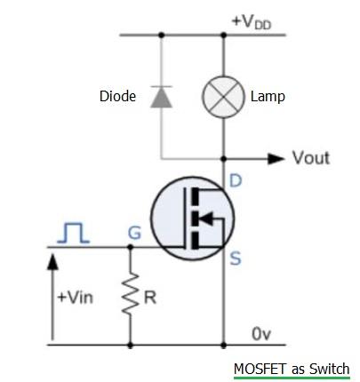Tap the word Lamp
coord(268,96)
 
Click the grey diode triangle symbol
coord(161,96)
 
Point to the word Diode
coord(117,96)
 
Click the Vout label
coord(310,158)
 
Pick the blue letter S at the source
coord(236,261)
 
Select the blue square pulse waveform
coord(73,232)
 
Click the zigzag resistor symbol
coord(131,296)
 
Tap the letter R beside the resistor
coord(150,298)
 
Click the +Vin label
coord(75,298)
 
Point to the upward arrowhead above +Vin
coord(52,259)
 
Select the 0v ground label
coord(260,333)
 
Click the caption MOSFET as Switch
coord(292,369)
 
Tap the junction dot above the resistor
coord(131,248)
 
